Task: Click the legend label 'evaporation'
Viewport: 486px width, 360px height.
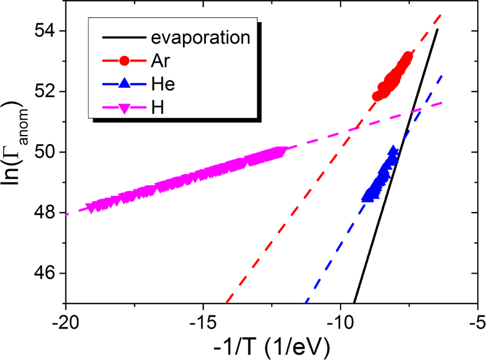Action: point(200,38)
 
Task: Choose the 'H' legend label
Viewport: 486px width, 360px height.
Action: point(157,107)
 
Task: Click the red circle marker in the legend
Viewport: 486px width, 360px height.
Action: point(125,61)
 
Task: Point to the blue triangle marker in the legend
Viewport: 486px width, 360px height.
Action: point(125,84)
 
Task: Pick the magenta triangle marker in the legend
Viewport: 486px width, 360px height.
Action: point(125,108)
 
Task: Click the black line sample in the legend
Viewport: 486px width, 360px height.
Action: point(125,38)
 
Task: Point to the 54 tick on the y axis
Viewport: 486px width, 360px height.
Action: point(47,31)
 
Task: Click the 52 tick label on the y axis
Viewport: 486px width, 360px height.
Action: point(47,92)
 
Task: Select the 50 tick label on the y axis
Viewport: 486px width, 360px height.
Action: point(47,152)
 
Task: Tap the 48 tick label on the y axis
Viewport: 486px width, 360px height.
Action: point(47,213)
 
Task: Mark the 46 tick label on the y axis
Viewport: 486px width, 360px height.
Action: point(47,273)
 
